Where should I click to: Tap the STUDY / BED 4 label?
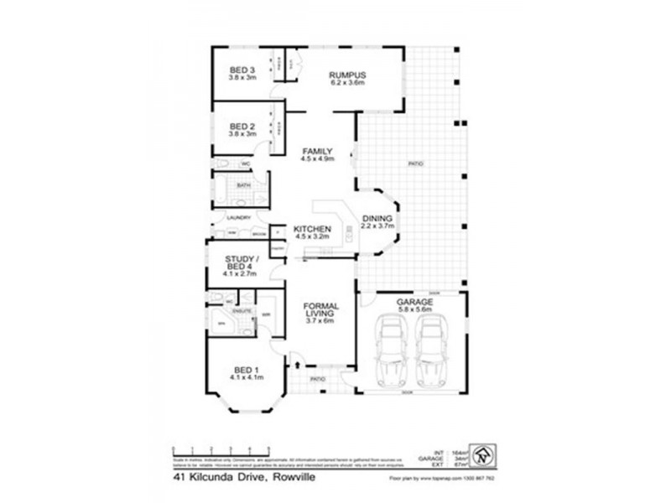tap(240, 264)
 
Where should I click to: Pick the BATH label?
tap(243, 185)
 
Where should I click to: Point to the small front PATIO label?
tap(317, 380)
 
